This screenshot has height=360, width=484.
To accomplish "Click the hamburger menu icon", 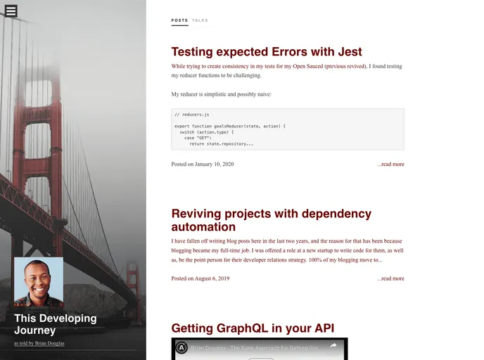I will coord(11,11).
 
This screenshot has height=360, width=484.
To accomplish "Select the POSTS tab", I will coord(179,20).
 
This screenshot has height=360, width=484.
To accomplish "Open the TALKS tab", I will coord(200,20).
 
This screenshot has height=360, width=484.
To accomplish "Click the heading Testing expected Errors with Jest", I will coord(267,51).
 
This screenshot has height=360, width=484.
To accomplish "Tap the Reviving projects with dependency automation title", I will coord(271,220).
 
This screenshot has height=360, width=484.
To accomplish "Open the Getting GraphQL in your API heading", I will coord(253,328).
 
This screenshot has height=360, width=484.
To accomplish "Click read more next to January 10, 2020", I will coord(390,165).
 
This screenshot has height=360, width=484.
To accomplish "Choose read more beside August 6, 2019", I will coord(390,278).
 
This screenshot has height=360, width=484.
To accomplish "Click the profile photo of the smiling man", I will coord(39,281).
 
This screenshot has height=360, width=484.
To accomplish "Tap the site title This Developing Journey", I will coord(56,324).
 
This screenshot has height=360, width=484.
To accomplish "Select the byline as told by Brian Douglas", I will coord(39,344).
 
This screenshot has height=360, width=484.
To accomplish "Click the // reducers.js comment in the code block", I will coord(191,114).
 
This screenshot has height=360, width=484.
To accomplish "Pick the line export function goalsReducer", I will coord(230,126).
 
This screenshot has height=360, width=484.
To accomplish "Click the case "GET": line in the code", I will coord(199,138).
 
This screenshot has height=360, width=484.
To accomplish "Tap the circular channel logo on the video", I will coord(181,347).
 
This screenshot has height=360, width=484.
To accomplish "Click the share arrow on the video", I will coord(333,346).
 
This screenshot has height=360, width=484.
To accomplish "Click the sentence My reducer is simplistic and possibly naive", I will coord(221,94).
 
